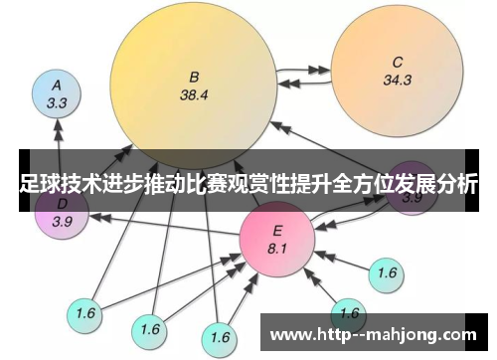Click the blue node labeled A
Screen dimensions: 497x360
(58, 92)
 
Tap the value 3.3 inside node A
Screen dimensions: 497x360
(57, 101)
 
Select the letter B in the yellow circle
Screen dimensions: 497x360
(195, 76)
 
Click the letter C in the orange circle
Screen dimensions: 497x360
(397, 62)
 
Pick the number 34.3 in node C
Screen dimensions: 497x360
(397, 80)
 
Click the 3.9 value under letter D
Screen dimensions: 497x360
(62, 221)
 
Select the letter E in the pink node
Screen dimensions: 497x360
(276, 231)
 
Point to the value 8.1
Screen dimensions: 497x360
(276, 247)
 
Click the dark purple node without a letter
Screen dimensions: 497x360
(411, 189)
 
